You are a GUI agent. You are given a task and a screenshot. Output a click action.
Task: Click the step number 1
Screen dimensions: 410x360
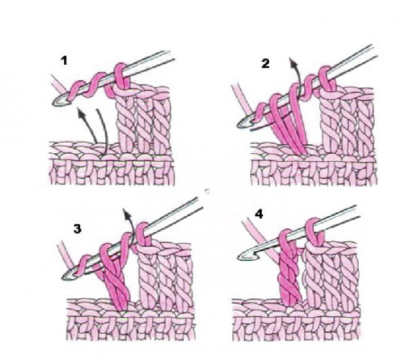coord(64,61)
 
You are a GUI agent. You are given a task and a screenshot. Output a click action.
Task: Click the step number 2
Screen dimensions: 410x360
coord(266,64)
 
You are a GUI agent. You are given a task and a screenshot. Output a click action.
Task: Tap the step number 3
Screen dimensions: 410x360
coord(77,229)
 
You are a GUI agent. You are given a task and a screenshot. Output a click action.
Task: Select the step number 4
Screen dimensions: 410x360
coord(259,214)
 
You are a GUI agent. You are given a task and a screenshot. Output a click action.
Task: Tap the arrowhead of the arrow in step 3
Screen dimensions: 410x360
coord(127,214)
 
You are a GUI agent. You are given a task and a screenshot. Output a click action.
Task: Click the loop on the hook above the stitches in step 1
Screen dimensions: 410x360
coord(121,77)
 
